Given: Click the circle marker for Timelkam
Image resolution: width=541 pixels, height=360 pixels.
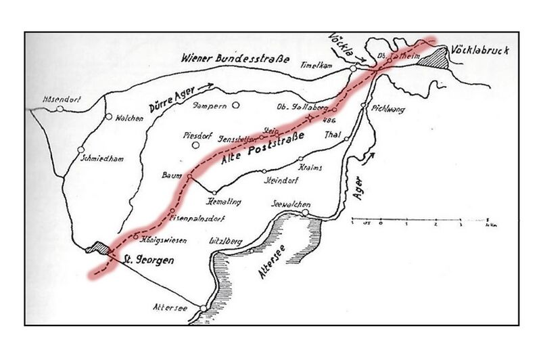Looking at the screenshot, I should (x=353, y=68).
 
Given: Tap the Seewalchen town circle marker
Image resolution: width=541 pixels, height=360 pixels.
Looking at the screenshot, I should (x=305, y=212).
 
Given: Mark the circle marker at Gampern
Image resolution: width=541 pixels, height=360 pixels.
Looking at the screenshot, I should (x=236, y=105).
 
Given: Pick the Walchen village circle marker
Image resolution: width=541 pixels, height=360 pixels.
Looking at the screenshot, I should (x=108, y=116).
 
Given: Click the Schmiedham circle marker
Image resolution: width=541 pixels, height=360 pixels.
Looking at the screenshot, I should (x=80, y=150).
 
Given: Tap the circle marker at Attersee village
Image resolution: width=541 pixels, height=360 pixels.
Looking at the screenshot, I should (x=203, y=309).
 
